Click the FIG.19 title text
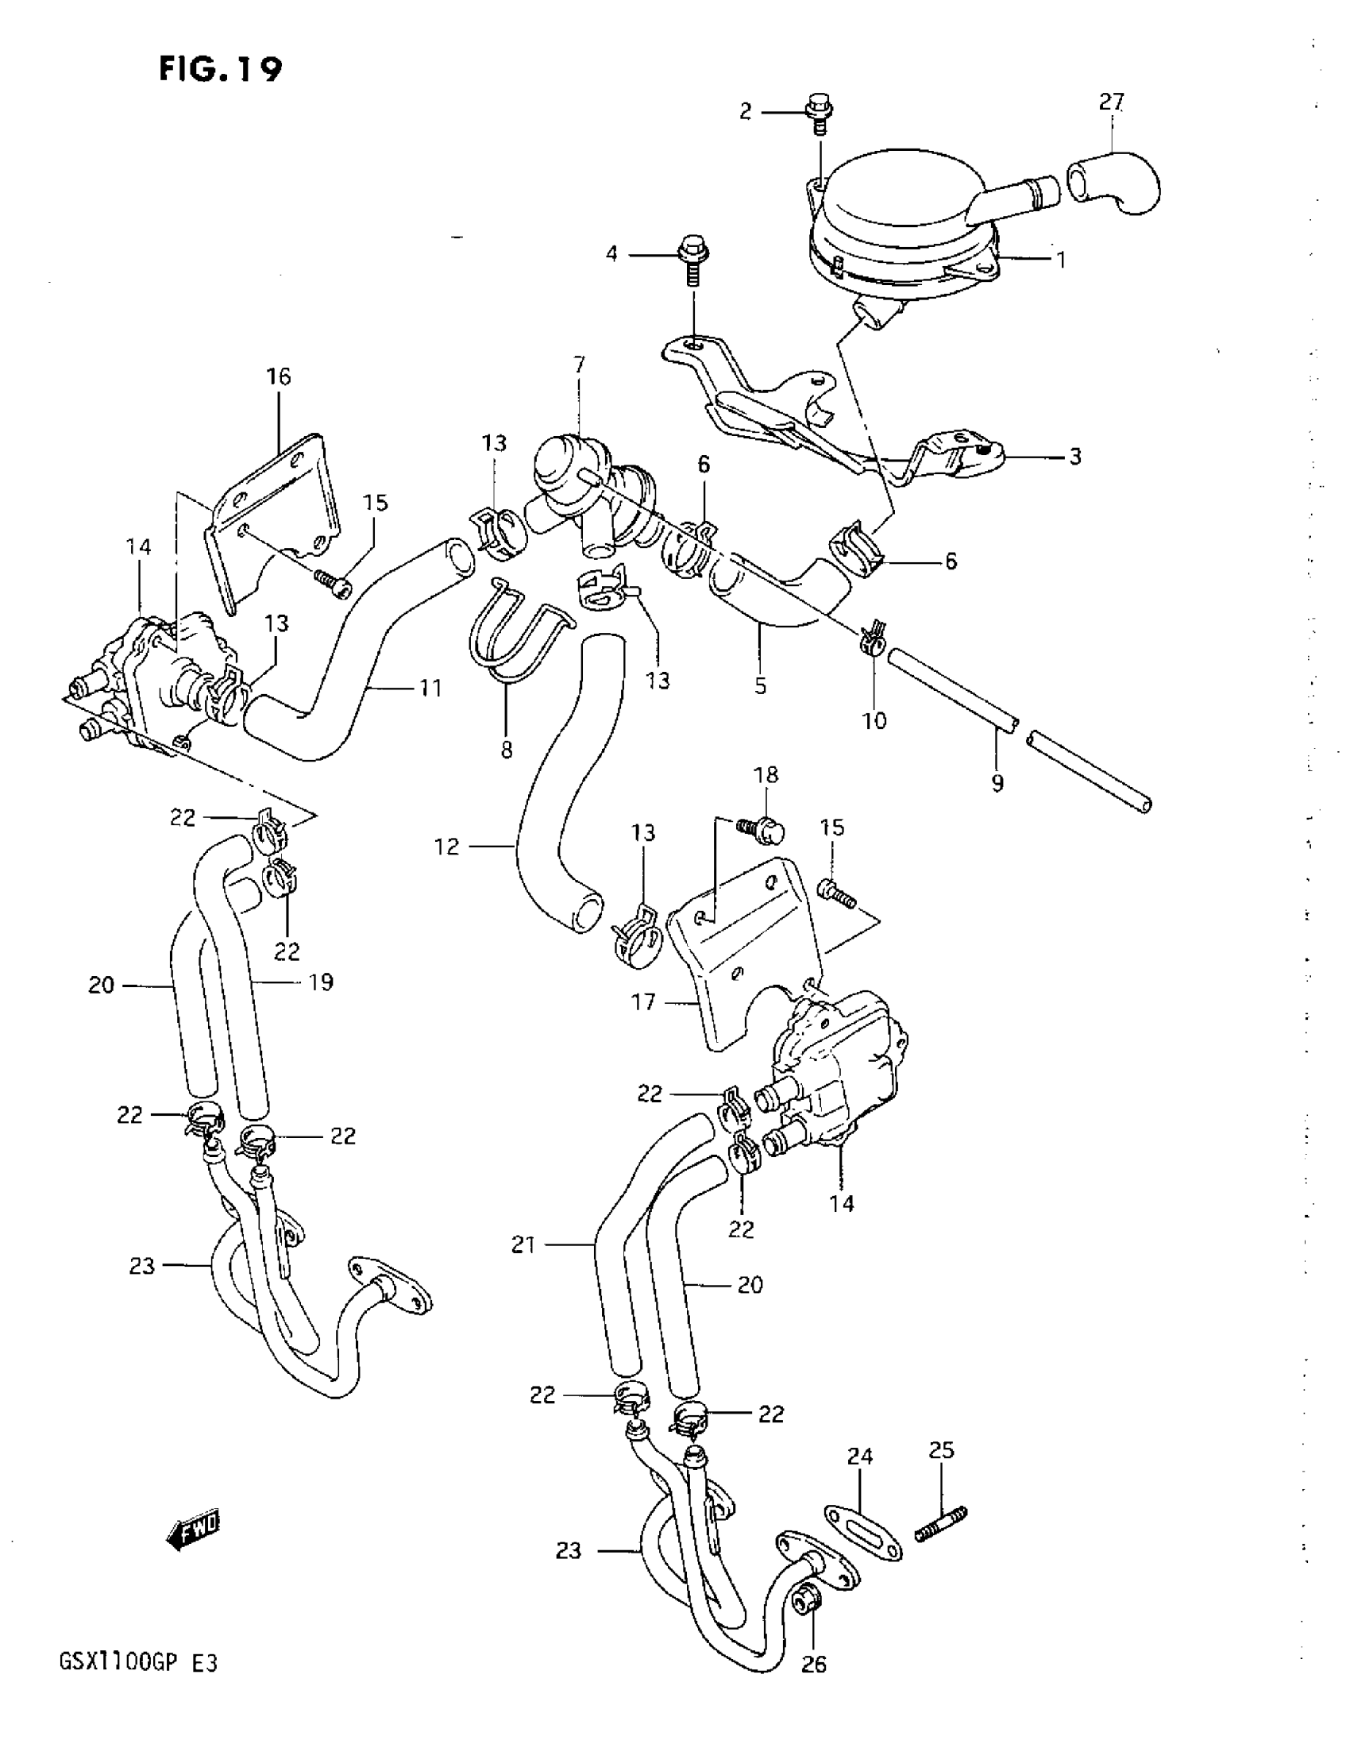(220, 69)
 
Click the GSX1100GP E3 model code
(138, 1687)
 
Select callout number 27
(1111, 102)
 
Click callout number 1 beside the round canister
(1061, 260)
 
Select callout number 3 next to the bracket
(1074, 457)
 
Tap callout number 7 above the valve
(579, 366)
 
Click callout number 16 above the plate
(278, 376)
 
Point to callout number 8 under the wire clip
(506, 749)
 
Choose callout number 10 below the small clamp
(874, 720)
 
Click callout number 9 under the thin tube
(997, 783)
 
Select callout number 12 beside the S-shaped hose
(447, 847)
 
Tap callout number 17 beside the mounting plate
(643, 1001)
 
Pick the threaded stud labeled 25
(941, 1524)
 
